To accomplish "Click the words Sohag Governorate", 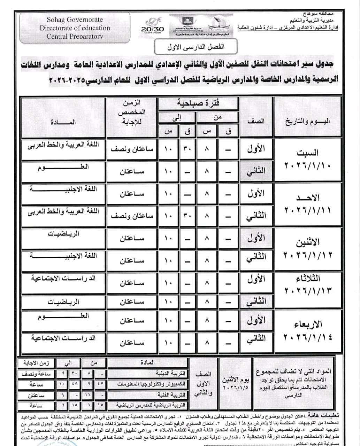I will point(75,20).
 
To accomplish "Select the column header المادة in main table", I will point(63,122).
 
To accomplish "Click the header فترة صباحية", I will point(198,103).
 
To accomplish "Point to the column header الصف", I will point(256,121).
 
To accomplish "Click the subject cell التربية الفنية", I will point(171,395).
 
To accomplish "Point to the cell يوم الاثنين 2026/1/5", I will point(236,383).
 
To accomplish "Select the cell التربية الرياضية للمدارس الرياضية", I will point(152,405).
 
